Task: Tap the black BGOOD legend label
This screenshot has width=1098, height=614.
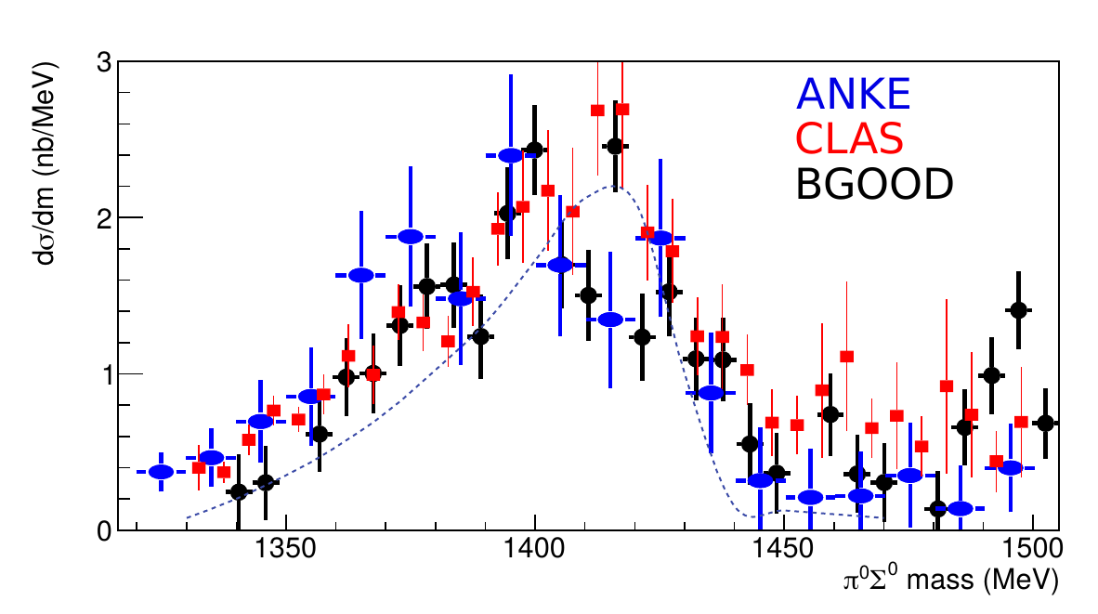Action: click(x=876, y=186)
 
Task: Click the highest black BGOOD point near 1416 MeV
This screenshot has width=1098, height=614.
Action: click(x=614, y=146)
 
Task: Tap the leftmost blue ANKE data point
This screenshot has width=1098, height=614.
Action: click(x=161, y=472)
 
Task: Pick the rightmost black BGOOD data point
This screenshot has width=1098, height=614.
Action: click(x=1045, y=424)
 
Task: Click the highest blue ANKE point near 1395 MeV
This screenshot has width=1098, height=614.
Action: click(x=510, y=155)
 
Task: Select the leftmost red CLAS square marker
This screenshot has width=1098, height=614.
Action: click(x=199, y=467)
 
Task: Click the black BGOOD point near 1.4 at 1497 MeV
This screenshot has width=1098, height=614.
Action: click(x=1018, y=310)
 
